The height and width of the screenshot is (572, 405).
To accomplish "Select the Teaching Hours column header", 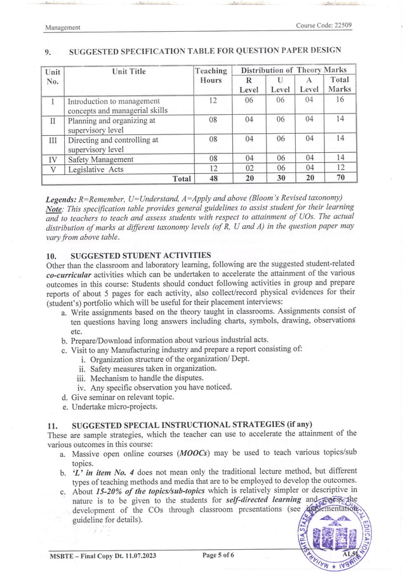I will (211, 75).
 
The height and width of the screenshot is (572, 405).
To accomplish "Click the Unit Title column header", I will (129, 72).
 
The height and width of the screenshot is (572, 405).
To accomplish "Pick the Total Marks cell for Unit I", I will (340, 100).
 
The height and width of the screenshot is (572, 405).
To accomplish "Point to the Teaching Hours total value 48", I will (213, 179).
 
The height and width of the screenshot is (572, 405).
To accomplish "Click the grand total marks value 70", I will (340, 179).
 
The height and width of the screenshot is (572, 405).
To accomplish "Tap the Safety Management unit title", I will (100, 160).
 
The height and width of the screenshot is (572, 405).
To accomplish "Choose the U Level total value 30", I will (280, 179).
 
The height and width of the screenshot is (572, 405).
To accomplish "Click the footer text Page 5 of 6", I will (218, 555).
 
